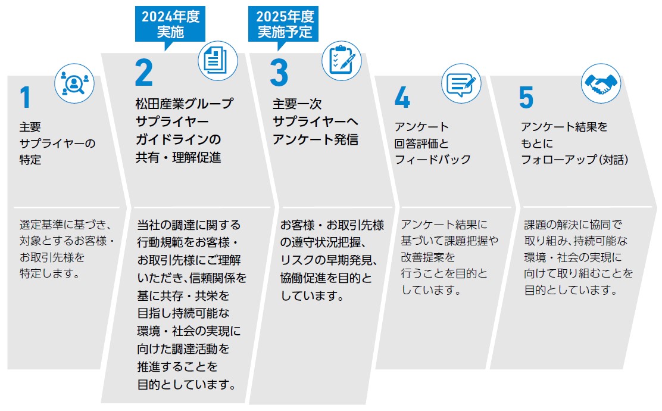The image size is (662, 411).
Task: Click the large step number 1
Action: pos(25,98)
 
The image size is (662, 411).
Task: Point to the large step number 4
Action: pos(402,98)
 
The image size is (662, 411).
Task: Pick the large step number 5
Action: pos(526,98)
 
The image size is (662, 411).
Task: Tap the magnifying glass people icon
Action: pos(74,85)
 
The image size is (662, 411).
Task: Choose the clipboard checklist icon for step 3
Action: pos(342,60)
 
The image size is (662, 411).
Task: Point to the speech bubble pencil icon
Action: pos(461,85)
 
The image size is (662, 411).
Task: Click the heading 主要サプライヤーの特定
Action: pos(57,144)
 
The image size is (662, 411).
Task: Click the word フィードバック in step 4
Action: pos(432,160)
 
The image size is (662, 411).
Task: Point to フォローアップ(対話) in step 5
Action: pos(575,160)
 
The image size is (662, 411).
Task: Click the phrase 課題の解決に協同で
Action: pos(573,225)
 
